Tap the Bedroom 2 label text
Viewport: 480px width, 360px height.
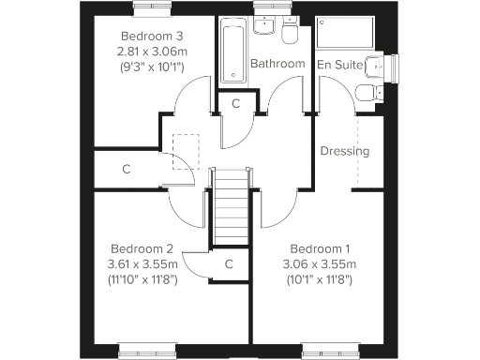pyautogui.click(x=142, y=248)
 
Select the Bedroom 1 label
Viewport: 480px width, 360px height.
pyautogui.click(x=320, y=248)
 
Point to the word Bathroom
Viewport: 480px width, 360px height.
pyautogui.click(x=277, y=64)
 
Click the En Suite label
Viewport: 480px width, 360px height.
pyautogui.click(x=340, y=64)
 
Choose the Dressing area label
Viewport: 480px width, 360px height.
pyautogui.click(x=344, y=151)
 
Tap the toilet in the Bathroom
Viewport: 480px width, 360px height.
pyautogui.click(x=290, y=35)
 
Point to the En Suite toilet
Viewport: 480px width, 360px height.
pyautogui.click(x=370, y=92)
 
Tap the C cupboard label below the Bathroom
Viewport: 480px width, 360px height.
pyautogui.click(x=236, y=103)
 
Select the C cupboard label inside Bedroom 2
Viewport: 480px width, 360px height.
pyautogui.click(x=228, y=264)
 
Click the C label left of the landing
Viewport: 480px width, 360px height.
pyautogui.click(x=126, y=170)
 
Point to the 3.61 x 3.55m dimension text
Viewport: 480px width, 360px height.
pyautogui.click(x=142, y=263)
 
